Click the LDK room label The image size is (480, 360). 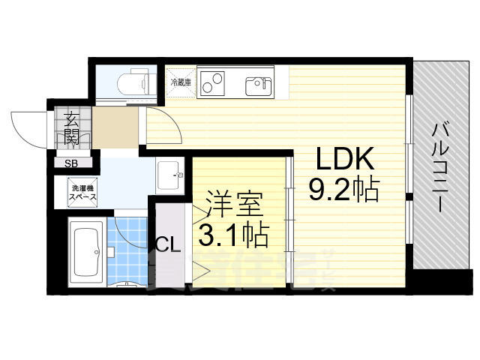344,160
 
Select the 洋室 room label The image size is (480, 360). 233,206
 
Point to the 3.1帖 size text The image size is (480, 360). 233,236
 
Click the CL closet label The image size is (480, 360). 167,244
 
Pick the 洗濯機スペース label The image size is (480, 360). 83,192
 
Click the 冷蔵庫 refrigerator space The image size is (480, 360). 180,82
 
